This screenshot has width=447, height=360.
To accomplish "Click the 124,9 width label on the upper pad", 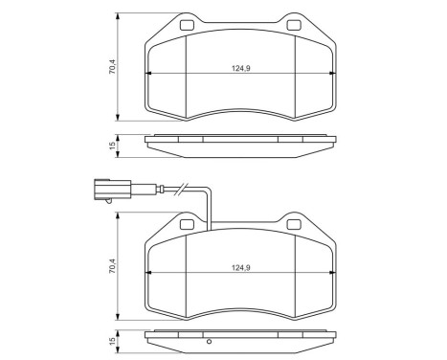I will [x=240, y=69].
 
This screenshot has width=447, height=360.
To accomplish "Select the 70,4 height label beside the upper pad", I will [x=112, y=67].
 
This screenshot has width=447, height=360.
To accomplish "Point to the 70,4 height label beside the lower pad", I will [x=112, y=270].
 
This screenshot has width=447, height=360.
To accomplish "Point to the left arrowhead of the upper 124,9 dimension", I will [x=147, y=76].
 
